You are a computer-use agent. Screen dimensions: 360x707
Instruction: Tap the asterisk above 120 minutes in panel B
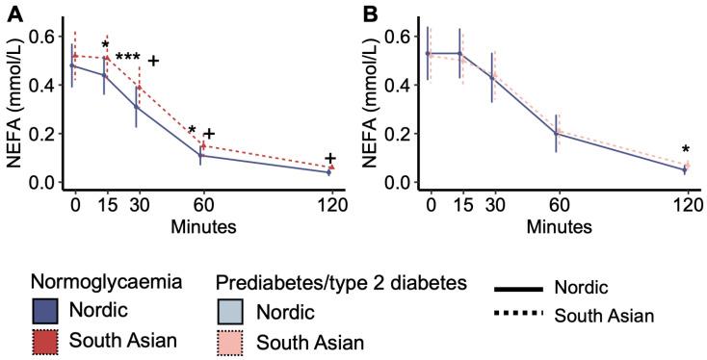[685, 150]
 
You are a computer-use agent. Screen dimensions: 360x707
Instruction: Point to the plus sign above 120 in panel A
[330, 159]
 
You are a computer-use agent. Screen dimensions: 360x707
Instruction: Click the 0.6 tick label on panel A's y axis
[40, 37]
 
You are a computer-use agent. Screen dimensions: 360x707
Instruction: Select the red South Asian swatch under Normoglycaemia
[46, 341]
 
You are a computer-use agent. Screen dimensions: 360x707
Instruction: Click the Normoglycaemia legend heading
[106, 283]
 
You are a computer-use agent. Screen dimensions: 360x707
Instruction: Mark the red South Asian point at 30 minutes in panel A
[139, 87]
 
